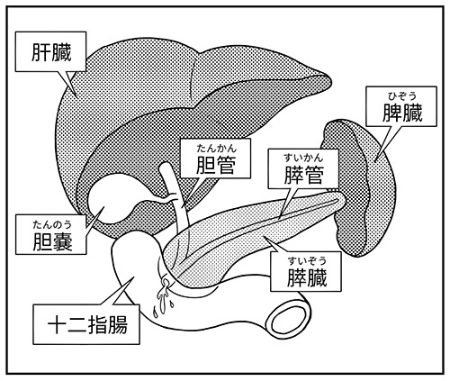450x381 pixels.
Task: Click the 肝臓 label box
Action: pyautogui.click(x=50, y=51)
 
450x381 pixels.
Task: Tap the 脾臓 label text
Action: pyautogui.click(x=402, y=113)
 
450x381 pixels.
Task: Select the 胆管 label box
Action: pyautogui.click(x=215, y=159)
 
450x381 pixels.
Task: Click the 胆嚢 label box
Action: pyautogui.click(x=51, y=234)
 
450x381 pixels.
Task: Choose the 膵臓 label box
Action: pyautogui.click(x=306, y=271)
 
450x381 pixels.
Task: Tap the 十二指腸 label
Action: pyautogui.click(x=87, y=325)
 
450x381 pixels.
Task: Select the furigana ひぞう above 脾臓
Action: pyautogui.click(x=402, y=96)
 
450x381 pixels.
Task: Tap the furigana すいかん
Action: pyautogui.click(x=303, y=157)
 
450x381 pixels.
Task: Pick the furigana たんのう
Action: pyautogui.click(x=52, y=224)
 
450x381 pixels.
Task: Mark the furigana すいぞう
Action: pyautogui.click(x=307, y=261)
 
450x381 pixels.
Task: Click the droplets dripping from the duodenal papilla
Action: pyautogui.click(x=163, y=299)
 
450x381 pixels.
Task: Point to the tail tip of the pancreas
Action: pyautogui.click(x=345, y=199)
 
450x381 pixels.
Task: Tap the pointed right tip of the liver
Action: pyautogui.click(x=330, y=80)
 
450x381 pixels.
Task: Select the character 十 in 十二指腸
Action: pyautogui.click(x=58, y=325)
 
